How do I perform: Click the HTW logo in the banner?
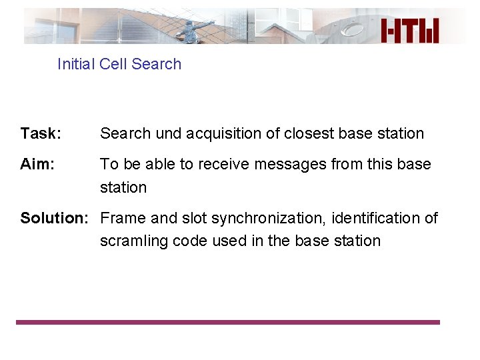[409, 31]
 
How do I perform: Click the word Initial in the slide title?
[77, 64]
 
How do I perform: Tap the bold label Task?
[41, 133]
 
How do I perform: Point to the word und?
[169, 133]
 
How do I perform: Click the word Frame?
[123, 218]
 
